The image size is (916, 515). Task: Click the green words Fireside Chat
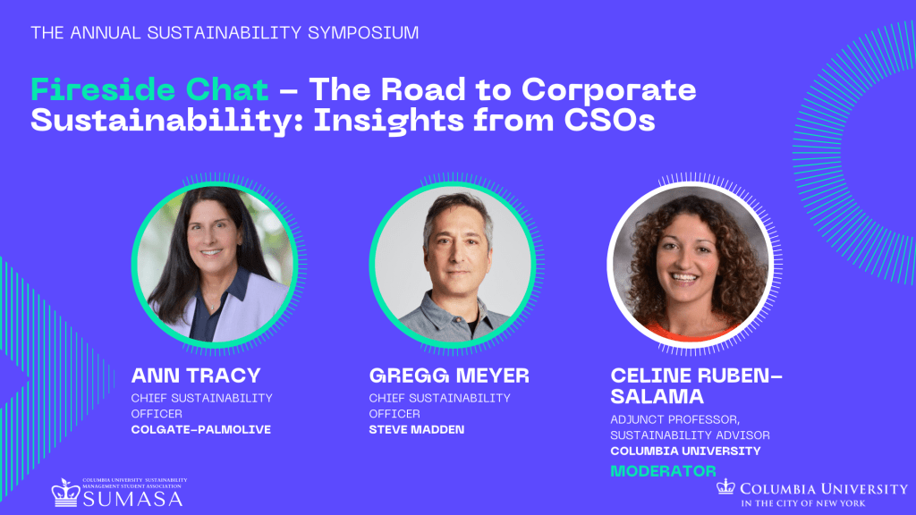click(149, 90)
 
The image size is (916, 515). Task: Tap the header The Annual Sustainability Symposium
click(225, 33)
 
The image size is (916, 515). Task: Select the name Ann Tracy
click(196, 376)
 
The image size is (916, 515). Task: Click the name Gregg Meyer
click(449, 376)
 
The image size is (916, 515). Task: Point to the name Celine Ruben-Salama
click(696, 386)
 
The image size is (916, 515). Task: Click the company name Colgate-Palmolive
click(201, 430)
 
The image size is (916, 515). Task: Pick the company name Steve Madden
click(417, 430)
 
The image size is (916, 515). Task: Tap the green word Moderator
click(663, 471)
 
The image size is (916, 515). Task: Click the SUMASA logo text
click(132, 499)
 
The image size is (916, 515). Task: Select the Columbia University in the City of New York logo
click(812, 494)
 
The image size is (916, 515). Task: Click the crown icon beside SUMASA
click(65, 493)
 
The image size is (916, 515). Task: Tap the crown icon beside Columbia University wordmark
click(725, 486)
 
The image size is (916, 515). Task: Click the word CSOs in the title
click(609, 121)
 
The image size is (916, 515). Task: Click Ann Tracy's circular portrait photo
click(215, 265)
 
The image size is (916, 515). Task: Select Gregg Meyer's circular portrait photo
click(452, 265)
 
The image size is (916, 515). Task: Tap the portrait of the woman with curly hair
click(690, 265)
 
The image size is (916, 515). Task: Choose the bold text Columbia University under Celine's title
click(685, 452)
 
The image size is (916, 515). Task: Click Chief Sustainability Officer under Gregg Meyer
click(439, 406)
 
